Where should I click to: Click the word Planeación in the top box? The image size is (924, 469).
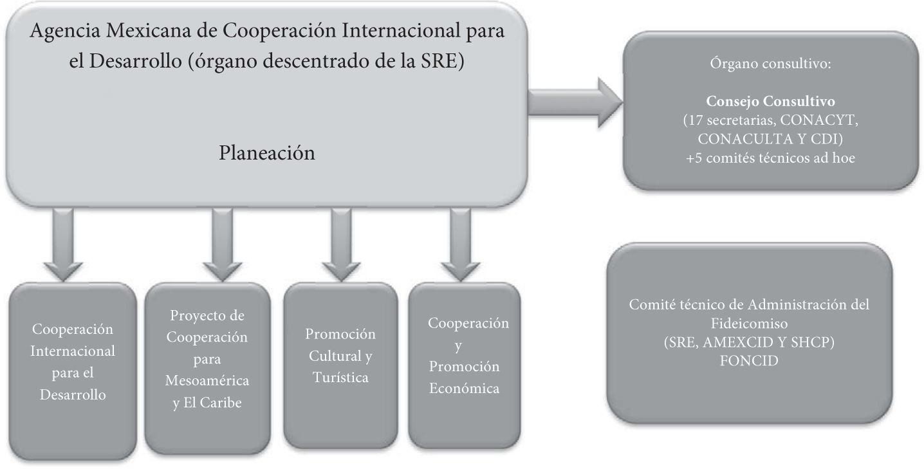pyautogui.click(x=267, y=154)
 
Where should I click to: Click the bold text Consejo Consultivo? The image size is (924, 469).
pyautogui.click(x=770, y=102)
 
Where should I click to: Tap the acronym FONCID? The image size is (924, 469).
pyautogui.click(x=750, y=361)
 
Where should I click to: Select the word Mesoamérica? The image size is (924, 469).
pyautogui.click(x=207, y=382)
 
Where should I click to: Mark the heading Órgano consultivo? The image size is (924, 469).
pyautogui.click(x=770, y=65)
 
